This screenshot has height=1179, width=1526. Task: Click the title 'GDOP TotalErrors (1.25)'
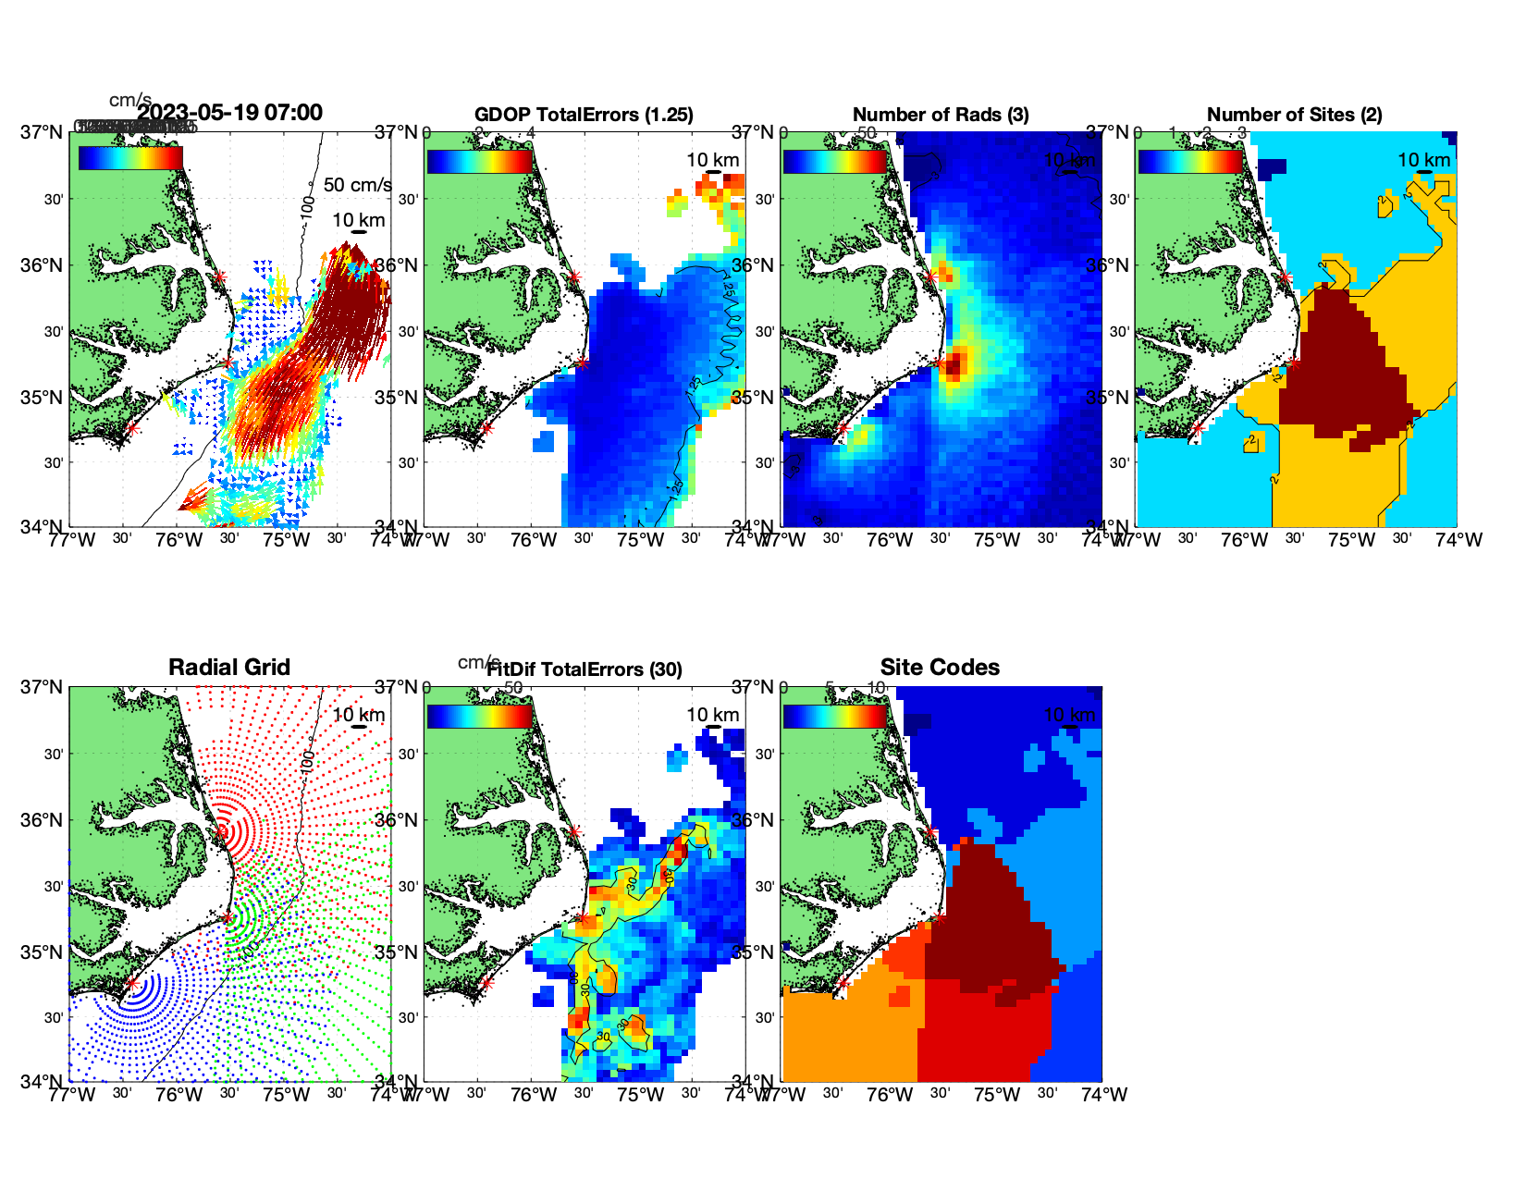coord(584,115)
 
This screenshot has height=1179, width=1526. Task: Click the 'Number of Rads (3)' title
coord(941,115)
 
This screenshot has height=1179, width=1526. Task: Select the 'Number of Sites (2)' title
coord(1294,115)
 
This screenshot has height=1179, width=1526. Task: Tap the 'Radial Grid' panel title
coord(229,668)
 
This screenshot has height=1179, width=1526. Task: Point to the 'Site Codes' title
coord(940,668)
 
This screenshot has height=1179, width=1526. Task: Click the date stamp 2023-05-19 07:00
coord(230,113)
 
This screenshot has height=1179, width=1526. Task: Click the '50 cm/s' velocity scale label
coord(357,185)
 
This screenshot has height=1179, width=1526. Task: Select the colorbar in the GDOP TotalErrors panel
coord(480,160)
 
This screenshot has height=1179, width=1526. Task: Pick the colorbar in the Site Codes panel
coord(835,716)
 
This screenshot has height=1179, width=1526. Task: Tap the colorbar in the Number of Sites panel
coord(1190,160)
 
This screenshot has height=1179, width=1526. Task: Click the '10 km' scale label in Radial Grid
coord(359,715)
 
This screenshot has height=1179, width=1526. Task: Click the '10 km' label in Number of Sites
coord(1424,160)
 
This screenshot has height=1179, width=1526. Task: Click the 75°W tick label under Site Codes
coord(997,1095)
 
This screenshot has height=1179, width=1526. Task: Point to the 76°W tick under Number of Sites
coord(1245,540)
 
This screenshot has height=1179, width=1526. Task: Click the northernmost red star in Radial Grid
coord(221,831)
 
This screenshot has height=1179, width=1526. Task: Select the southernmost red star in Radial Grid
coord(131,983)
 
